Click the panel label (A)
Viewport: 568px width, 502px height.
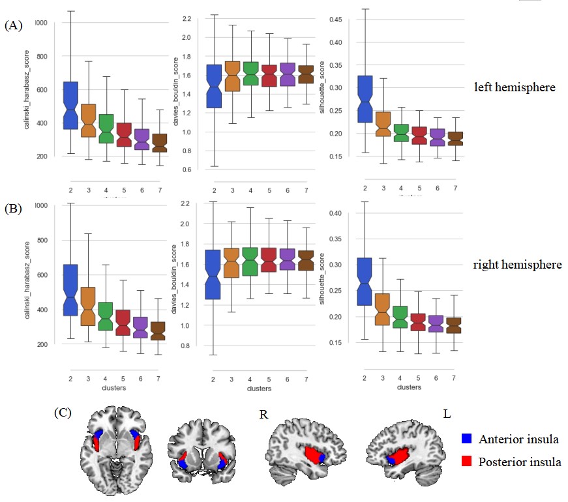[13, 26]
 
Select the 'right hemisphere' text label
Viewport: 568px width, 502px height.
[518, 265]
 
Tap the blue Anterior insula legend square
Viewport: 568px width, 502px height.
[466, 439]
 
